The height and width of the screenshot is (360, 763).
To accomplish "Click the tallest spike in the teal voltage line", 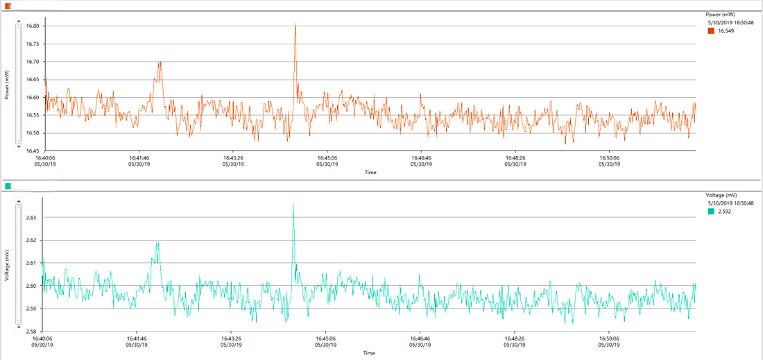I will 293,205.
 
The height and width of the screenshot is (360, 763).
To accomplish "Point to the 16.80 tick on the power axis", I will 32,26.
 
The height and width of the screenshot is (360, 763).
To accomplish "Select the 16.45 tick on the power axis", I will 32,151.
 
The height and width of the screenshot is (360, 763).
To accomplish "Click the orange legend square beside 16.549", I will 711,31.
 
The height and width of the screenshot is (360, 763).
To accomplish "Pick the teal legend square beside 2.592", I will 711,212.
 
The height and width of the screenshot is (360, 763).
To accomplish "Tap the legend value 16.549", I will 726,31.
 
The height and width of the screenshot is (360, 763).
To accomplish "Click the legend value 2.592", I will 725,212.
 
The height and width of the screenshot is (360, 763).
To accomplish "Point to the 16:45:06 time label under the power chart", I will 327,158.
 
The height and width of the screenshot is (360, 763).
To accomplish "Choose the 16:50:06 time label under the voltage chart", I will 608,338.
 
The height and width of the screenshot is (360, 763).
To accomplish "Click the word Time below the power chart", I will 370,172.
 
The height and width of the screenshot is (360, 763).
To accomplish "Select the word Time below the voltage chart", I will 369,352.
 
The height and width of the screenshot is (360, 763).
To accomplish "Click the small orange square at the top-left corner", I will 8,6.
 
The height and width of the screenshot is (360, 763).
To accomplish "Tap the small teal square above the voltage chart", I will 8,186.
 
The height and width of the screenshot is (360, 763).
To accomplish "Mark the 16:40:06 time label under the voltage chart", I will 42,338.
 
